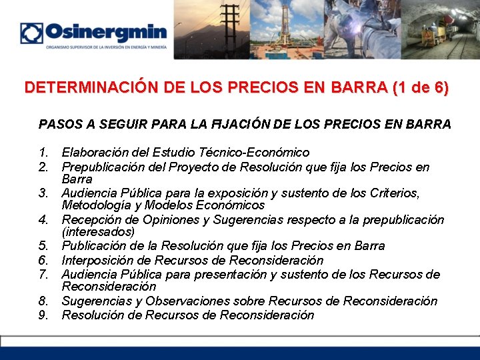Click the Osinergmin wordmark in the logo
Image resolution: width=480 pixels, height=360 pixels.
106,32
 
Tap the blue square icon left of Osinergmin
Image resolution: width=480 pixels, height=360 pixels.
31,33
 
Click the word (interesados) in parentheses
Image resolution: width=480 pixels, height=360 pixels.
98,232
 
